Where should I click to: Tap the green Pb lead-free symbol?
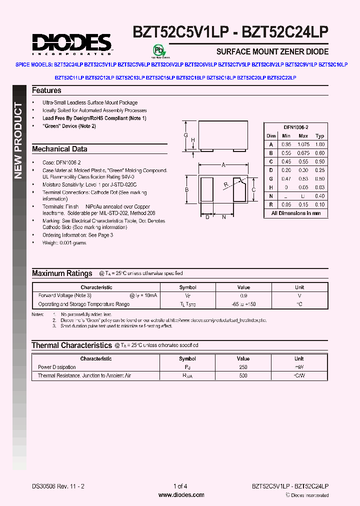[x=158, y=50]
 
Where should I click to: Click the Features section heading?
[x=46, y=90]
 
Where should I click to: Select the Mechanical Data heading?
[x=59, y=149]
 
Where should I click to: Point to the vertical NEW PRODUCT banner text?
[x=18, y=140]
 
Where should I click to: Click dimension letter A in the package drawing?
[x=223, y=164]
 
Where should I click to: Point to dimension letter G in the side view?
[x=185, y=136]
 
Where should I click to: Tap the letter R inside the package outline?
[x=226, y=184]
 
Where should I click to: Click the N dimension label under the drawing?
[x=224, y=216]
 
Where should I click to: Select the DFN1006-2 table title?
[x=296, y=127]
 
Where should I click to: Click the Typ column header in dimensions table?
[x=320, y=136]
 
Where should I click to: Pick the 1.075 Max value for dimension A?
[x=303, y=144]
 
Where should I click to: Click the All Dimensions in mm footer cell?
[x=296, y=213]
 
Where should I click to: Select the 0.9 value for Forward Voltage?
[x=243, y=295]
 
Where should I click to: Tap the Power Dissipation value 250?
[x=243, y=367]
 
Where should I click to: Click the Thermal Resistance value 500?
[x=243, y=375]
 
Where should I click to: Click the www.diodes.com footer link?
[x=181, y=495]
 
